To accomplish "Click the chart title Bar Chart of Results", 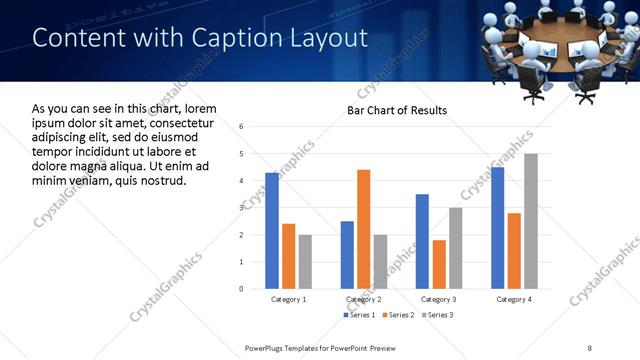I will click(397, 110).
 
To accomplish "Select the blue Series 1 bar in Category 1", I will click(272, 230).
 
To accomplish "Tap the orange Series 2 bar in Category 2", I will click(363, 228).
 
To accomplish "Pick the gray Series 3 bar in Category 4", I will click(531, 220).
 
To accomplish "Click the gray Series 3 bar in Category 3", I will click(455, 247).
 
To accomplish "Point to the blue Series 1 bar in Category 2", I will click(347, 254).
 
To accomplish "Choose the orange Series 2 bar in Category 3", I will click(439, 263).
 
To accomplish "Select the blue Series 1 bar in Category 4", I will click(498, 227).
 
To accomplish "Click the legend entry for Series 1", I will click(360, 315).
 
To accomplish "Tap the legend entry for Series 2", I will click(398, 315).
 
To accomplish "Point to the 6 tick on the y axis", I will click(241, 127).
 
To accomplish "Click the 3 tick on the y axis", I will click(241, 208).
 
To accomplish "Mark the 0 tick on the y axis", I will click(241, 289).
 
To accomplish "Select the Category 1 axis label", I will click(288, 299).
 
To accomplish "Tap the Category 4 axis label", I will click(514, 299).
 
